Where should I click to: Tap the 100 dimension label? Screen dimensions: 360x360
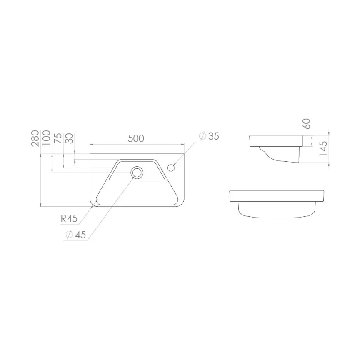coord(47,138)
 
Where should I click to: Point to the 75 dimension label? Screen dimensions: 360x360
coord(58,138)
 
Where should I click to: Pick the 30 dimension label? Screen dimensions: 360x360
coord(69,138)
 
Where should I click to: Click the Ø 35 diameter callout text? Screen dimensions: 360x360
coord(209,136)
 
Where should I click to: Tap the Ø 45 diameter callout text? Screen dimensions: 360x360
coord(75,235)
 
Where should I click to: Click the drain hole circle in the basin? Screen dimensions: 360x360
coord(136,171)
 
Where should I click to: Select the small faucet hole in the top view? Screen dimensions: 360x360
coord(171,167)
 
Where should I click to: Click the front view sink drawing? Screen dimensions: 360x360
coord(276,203)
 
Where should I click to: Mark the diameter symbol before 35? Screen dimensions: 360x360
coord(202,136)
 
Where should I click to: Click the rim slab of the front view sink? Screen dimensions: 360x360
coord(276,195)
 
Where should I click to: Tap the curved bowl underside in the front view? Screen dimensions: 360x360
coord(276,210)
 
